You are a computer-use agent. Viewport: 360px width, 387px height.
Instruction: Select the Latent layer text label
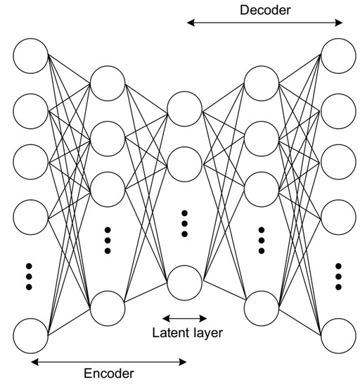pyautogui.click(x=187, y=332)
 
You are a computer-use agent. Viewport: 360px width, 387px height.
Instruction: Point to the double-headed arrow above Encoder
pyautogui.click(x=109, y=362)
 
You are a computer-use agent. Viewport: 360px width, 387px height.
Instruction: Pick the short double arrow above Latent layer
pyautogui.click(x=185, y=318)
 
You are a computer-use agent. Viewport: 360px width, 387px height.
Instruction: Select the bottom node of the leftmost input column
pyautogui.click(x=31, y=335)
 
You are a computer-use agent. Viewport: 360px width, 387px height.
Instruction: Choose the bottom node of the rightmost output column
pyautogui.click(x=338, y=335)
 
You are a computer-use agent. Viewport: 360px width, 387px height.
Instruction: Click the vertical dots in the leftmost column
pyautogui.click(x=30, y=277)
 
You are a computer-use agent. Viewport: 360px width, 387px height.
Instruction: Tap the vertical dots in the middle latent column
pyautogui.click(x=185, y=223)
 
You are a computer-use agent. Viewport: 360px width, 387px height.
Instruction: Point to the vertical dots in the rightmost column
pyautogui.click(x=338, y=277)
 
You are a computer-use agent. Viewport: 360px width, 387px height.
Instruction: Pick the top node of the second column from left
pyautogui.click(x=108, y=83)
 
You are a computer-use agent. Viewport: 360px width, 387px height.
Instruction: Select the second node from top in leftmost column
pyautogui.click(x=31, y=108)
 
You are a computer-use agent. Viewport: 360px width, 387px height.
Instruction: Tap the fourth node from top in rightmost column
pyautogui.click(x=338, y=219)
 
